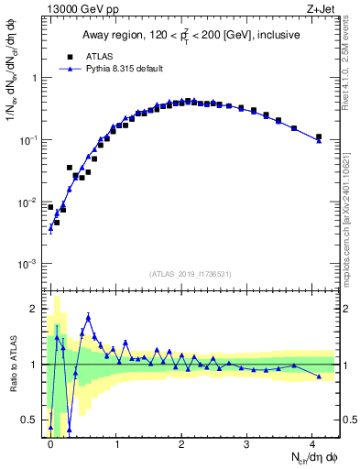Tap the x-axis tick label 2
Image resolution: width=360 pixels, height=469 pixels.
(x=181, y=443)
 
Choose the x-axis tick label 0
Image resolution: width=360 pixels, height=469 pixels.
(x=50, y=443)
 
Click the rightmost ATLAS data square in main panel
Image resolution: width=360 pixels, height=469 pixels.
(x=319, y=137)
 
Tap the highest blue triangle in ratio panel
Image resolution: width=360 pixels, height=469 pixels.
(x=88, y=317)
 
